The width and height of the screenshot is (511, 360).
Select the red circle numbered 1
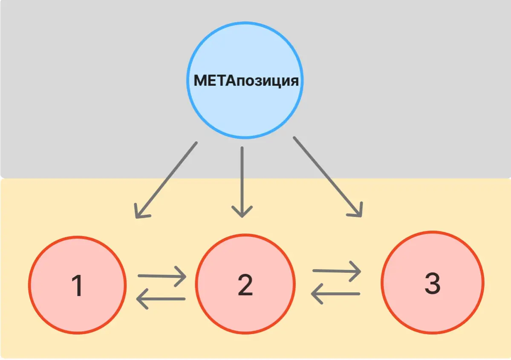(78, 285)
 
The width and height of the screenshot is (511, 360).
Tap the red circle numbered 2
(245, 284)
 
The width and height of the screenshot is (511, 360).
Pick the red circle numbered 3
(433, 282)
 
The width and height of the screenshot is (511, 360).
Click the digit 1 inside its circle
(78, 285)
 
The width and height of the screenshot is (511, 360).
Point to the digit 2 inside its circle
(245, 285)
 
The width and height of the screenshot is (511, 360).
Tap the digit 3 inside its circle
(433, 283)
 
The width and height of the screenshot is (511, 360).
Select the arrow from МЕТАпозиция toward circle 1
(166, 180)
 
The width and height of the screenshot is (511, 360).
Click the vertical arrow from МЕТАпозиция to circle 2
(242, 182)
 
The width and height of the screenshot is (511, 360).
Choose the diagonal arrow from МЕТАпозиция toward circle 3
(328, 177)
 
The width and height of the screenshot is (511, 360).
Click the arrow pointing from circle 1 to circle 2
(162, 276)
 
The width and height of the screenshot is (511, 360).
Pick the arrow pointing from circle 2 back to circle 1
(161, 298)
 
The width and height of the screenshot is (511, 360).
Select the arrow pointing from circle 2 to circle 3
(337, 271)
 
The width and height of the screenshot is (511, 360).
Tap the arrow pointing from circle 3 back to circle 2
(335, 294)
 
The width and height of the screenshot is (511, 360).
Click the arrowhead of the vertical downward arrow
(242, 212)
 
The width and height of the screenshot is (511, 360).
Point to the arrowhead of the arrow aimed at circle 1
(141, 212)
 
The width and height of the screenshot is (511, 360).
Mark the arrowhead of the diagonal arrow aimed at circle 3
(357, 211)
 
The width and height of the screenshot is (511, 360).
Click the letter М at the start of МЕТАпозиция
(200, 81)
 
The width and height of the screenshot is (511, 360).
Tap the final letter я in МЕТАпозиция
(294, 81)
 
